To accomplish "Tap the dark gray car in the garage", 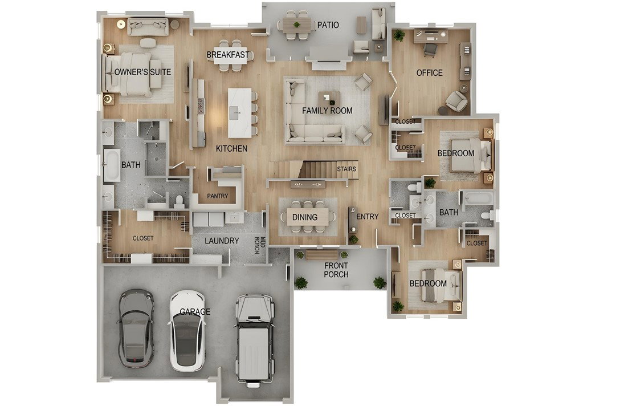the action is (x=136, y=328).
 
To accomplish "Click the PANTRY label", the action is (x=218, y=196).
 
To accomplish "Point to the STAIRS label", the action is (x=346, y=169).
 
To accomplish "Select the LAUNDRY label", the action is (x=222, y=241).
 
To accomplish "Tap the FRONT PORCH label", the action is (x=336, y=270).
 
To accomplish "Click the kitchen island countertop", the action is (x=239, y=113).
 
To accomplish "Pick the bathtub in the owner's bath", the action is (x=112, y=165).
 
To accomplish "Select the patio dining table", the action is (x=297, y=25).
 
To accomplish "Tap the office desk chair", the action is (x=430, y=50).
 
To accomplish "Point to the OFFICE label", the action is (x=429, y=73).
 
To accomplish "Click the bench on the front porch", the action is (x=322, y=254).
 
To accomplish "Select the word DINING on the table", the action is (x=305, y=217).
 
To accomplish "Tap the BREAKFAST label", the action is (x=227, y=55).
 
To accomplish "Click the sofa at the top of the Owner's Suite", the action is (x=148, y=26).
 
